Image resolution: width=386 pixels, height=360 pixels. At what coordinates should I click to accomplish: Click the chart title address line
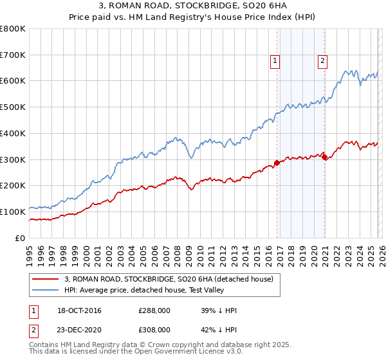pos(193,6)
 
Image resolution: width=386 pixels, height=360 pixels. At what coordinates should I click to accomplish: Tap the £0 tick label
pos(20,238)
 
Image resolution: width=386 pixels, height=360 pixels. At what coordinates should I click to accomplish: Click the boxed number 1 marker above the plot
pos(275,61)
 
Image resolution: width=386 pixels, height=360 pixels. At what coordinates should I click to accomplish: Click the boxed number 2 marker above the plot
pos(322,61)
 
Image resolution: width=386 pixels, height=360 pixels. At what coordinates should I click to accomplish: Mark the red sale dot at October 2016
pos(277,163)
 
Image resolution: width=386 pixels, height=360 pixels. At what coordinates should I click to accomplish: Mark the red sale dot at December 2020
pos(324,157)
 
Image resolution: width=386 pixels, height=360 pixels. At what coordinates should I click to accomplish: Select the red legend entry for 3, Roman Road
pos(169,279)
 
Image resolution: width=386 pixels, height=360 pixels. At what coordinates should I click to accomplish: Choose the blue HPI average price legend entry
pos(160,290)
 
